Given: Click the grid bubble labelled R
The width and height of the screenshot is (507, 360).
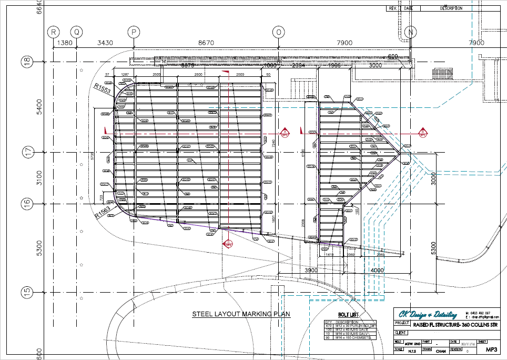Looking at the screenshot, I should [x=53, y=32].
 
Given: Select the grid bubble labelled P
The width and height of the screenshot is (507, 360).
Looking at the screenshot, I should [x=135, y=32].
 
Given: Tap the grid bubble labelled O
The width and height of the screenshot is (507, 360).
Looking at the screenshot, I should [x=279, y=32].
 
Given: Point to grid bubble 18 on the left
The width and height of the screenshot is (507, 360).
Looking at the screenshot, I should [x=25, y=61].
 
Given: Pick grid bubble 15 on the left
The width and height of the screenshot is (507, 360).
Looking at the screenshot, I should [x=25, y=291].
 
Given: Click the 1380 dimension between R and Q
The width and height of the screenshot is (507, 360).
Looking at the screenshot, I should [x=64, y=43].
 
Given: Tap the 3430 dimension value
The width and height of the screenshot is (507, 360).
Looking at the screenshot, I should [x=106, y=43].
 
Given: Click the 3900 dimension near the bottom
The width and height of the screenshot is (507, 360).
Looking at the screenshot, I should [x=311, y=269].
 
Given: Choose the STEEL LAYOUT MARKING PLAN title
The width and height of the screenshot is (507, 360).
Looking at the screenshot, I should [x=241, y=314].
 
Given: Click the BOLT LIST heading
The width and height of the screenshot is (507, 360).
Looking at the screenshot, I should [x=348, y=314].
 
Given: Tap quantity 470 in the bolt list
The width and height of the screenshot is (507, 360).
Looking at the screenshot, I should [x=328, y=326].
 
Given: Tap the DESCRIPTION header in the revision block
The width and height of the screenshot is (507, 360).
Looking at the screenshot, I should [x=451, y=8].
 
